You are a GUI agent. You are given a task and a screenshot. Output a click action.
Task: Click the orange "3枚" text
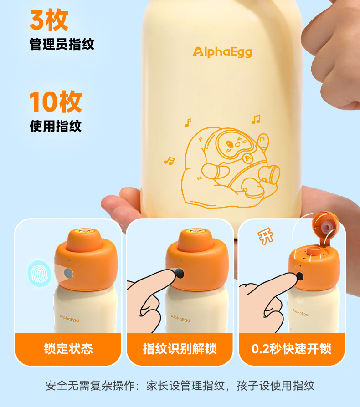coord(49,20)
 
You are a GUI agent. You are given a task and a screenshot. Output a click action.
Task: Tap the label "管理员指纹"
coord(62,44)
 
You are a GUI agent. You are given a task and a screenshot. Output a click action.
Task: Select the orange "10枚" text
coord(56,102)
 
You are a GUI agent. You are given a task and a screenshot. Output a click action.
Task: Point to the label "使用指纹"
coord(56,126)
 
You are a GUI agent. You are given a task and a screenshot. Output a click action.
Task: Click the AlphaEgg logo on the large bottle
coord(222,52)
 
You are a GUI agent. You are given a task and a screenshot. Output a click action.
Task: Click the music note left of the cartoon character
coord(170,161)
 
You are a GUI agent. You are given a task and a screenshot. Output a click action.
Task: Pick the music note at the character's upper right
coord(256,119)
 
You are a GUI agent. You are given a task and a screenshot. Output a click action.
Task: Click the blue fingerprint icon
coord(40,274)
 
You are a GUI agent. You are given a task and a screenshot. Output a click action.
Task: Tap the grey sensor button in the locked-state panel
coord(68,273)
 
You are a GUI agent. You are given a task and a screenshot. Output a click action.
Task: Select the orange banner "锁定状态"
coord(68,349)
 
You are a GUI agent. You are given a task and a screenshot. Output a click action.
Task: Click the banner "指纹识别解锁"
coord(180,349)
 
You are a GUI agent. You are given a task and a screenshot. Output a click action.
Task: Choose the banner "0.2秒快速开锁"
coord(292,349)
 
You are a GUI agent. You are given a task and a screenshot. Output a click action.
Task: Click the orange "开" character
coord(266,236)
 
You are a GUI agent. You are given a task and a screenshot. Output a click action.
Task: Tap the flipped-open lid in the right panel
coord(326,226)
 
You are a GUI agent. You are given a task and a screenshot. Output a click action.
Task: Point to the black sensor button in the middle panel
coord(180,273)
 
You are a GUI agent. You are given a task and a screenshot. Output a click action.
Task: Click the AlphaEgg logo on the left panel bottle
coord(69,318)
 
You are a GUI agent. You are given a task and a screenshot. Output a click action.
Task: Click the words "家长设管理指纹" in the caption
coord(185,386)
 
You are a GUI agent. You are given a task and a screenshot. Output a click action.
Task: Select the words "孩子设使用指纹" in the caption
coord(276,386)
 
